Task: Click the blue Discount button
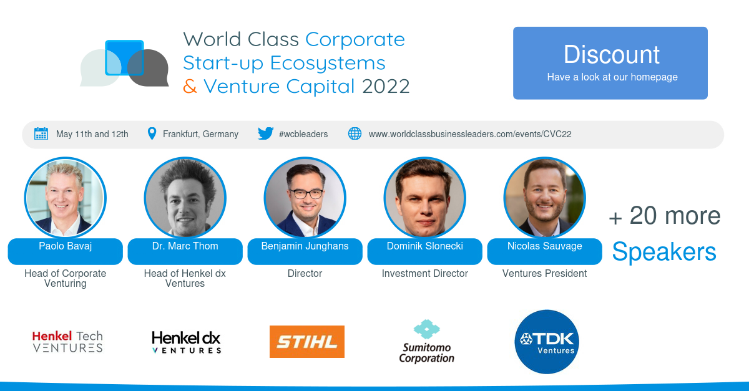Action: (610, 63)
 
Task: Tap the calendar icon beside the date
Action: (41, 133)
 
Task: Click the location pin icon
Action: (152, 133)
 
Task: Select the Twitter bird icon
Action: (266, 133)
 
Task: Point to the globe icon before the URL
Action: (355, 133)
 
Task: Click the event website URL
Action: (470, 134)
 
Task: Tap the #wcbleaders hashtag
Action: (303, 134)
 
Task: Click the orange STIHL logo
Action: (307, 342)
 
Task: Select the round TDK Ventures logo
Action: (547, 342)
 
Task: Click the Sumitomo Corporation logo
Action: (427, 341)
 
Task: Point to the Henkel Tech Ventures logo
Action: (67, 342)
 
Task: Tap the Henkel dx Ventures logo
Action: (187, 342)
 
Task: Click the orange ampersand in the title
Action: (190, 86)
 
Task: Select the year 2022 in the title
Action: (386, 86)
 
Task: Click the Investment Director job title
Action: (425, 273)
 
